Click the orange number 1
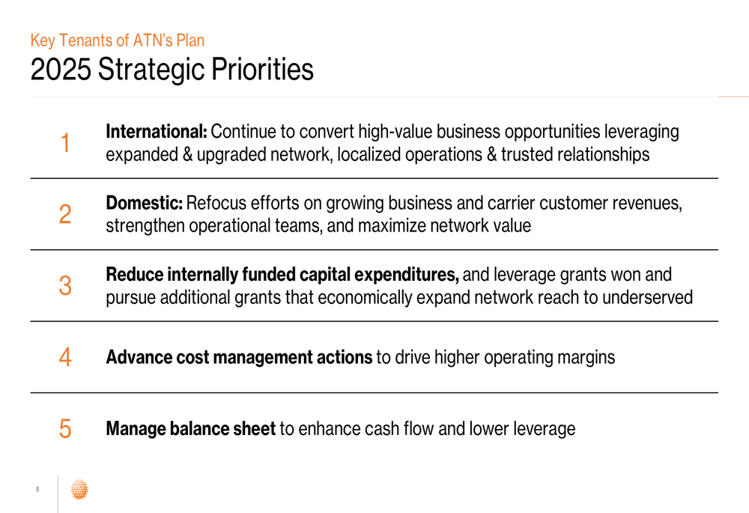point(65,143)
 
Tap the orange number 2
point(65,214)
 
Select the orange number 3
point(65,285)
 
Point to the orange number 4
point(65,357)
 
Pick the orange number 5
point(65,428)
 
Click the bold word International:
point(157,131)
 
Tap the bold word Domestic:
point(144,203)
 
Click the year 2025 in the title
point(61,69)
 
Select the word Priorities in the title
point(262,69)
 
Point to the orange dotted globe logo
point(79,489)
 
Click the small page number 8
point(37,489)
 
